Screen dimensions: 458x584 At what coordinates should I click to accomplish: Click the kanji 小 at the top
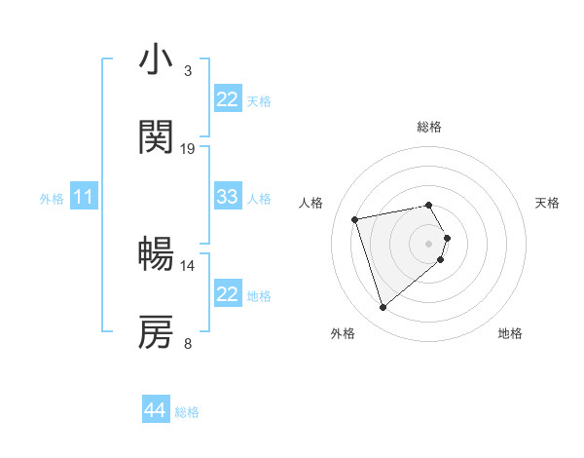click(x=156, y=60)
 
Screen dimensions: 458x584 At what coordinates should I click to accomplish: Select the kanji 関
click(x=156, y=138)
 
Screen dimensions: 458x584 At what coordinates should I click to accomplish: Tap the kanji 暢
click(x=156, y=255)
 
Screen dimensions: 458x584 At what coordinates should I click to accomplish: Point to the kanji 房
click(x=156, y=333)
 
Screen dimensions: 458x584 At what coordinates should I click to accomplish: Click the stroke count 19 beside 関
click(x=188, y=149)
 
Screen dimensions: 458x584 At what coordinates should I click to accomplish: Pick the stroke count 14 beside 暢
click(x=188, y=265)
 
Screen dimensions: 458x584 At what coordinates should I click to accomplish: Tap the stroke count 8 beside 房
click(x=188, y=343)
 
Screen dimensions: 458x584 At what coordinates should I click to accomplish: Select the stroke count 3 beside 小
click(x=188, y=71)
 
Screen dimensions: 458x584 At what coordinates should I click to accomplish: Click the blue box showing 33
click(x=228, y=197)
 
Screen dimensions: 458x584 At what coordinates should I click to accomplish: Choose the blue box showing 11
click(x=84, y=197)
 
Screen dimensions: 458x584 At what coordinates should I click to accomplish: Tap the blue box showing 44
click(x=156, y=410)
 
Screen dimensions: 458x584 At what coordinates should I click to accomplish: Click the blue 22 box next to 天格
click(x=228, y=99)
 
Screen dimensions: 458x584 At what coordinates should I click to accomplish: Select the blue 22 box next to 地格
click(x=228, y=294)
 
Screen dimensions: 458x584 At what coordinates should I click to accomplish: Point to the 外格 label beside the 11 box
click(x=52, y=199)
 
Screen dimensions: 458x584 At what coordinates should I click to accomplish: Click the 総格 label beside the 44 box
click(x=187, y=412)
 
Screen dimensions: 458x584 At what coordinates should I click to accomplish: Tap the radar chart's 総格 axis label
click(x=429, y=127)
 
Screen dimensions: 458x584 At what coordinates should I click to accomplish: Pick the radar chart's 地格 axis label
click(x=510, y=333)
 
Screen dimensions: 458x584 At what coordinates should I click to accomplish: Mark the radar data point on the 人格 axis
click(x=355, y=218)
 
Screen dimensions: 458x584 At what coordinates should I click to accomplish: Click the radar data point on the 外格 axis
click(x=383, y=308)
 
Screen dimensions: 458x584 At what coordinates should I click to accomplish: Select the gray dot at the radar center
click(x=429, y=243)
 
